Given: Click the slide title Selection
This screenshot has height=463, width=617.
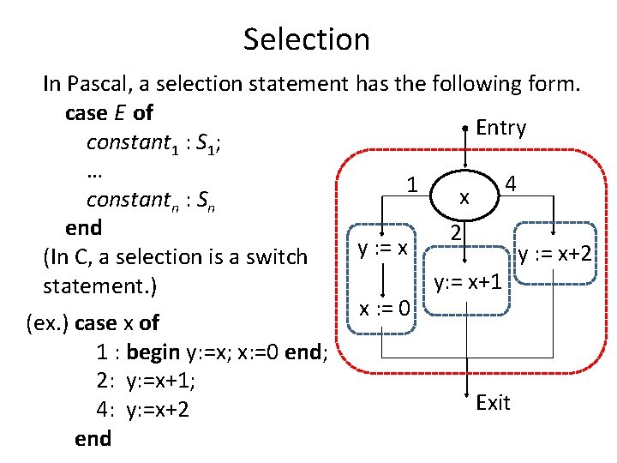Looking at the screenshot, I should (x=307, y=39).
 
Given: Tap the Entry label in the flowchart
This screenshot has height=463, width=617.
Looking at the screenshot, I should (x=500, y=128).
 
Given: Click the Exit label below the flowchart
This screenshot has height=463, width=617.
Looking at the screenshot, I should (x=493, y=402).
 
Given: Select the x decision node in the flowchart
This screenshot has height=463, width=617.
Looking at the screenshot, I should (x=464, y=197).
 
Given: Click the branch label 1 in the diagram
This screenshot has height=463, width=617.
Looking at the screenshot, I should (x=412, y=185).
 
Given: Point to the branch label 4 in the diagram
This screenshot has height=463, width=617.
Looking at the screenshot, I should (x=510, y=185).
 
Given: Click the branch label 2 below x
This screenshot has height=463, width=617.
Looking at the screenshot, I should (x=458, y=233).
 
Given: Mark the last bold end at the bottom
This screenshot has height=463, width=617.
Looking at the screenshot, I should (x=93, y=438).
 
